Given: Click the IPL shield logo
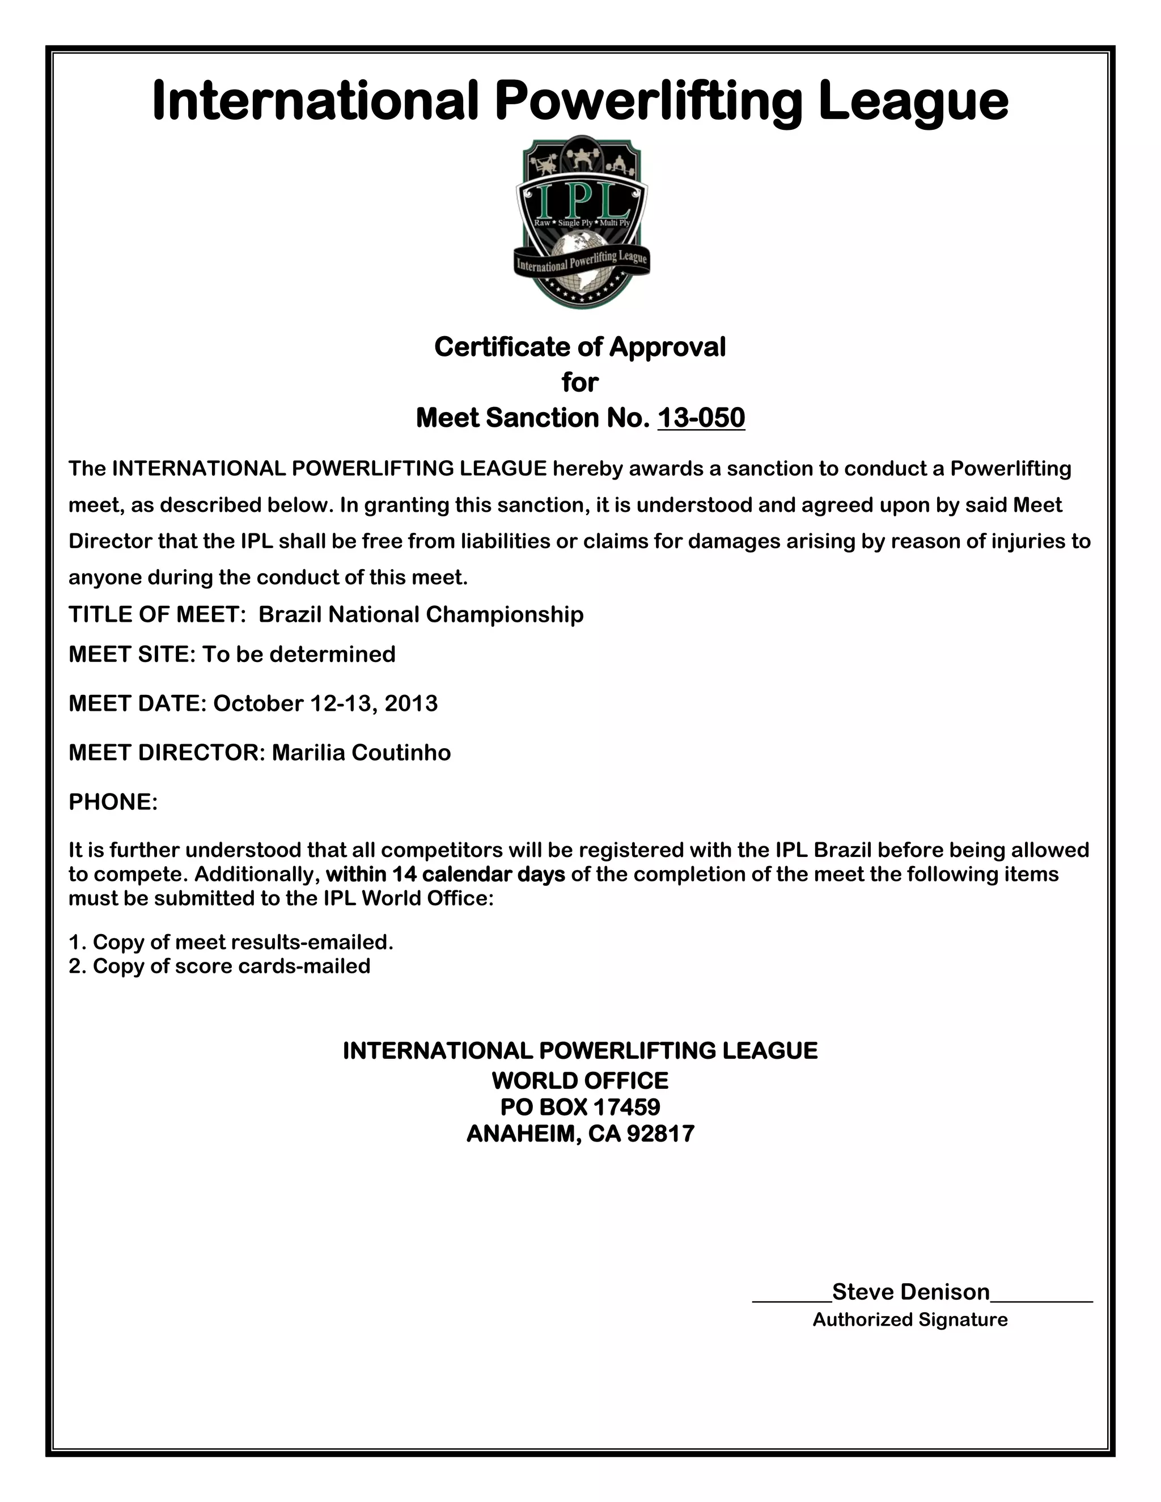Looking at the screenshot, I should [581, 222].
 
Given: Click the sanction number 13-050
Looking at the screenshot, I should [701, 418].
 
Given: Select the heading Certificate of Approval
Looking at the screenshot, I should [580, 347].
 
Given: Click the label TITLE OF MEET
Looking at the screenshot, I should [158, 614].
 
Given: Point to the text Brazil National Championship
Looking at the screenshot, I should [421, 614].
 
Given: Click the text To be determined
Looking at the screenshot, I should [299, 654].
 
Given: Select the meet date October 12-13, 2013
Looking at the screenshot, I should [325, 703].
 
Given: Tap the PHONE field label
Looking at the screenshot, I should [113, 802].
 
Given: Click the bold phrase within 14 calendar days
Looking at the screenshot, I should [445, 874].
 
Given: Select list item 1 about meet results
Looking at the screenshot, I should [231, 941].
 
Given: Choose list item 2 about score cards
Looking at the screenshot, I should [219, 966].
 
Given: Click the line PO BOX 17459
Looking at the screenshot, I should [580, 1106].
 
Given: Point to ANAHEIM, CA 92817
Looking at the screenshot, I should [580, 1134].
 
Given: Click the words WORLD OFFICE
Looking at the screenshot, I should [580, 1080].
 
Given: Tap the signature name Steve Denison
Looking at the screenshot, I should [910, 1292].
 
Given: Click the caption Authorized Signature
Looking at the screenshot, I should [910, 1319].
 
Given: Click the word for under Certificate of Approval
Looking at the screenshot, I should [580, 383].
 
